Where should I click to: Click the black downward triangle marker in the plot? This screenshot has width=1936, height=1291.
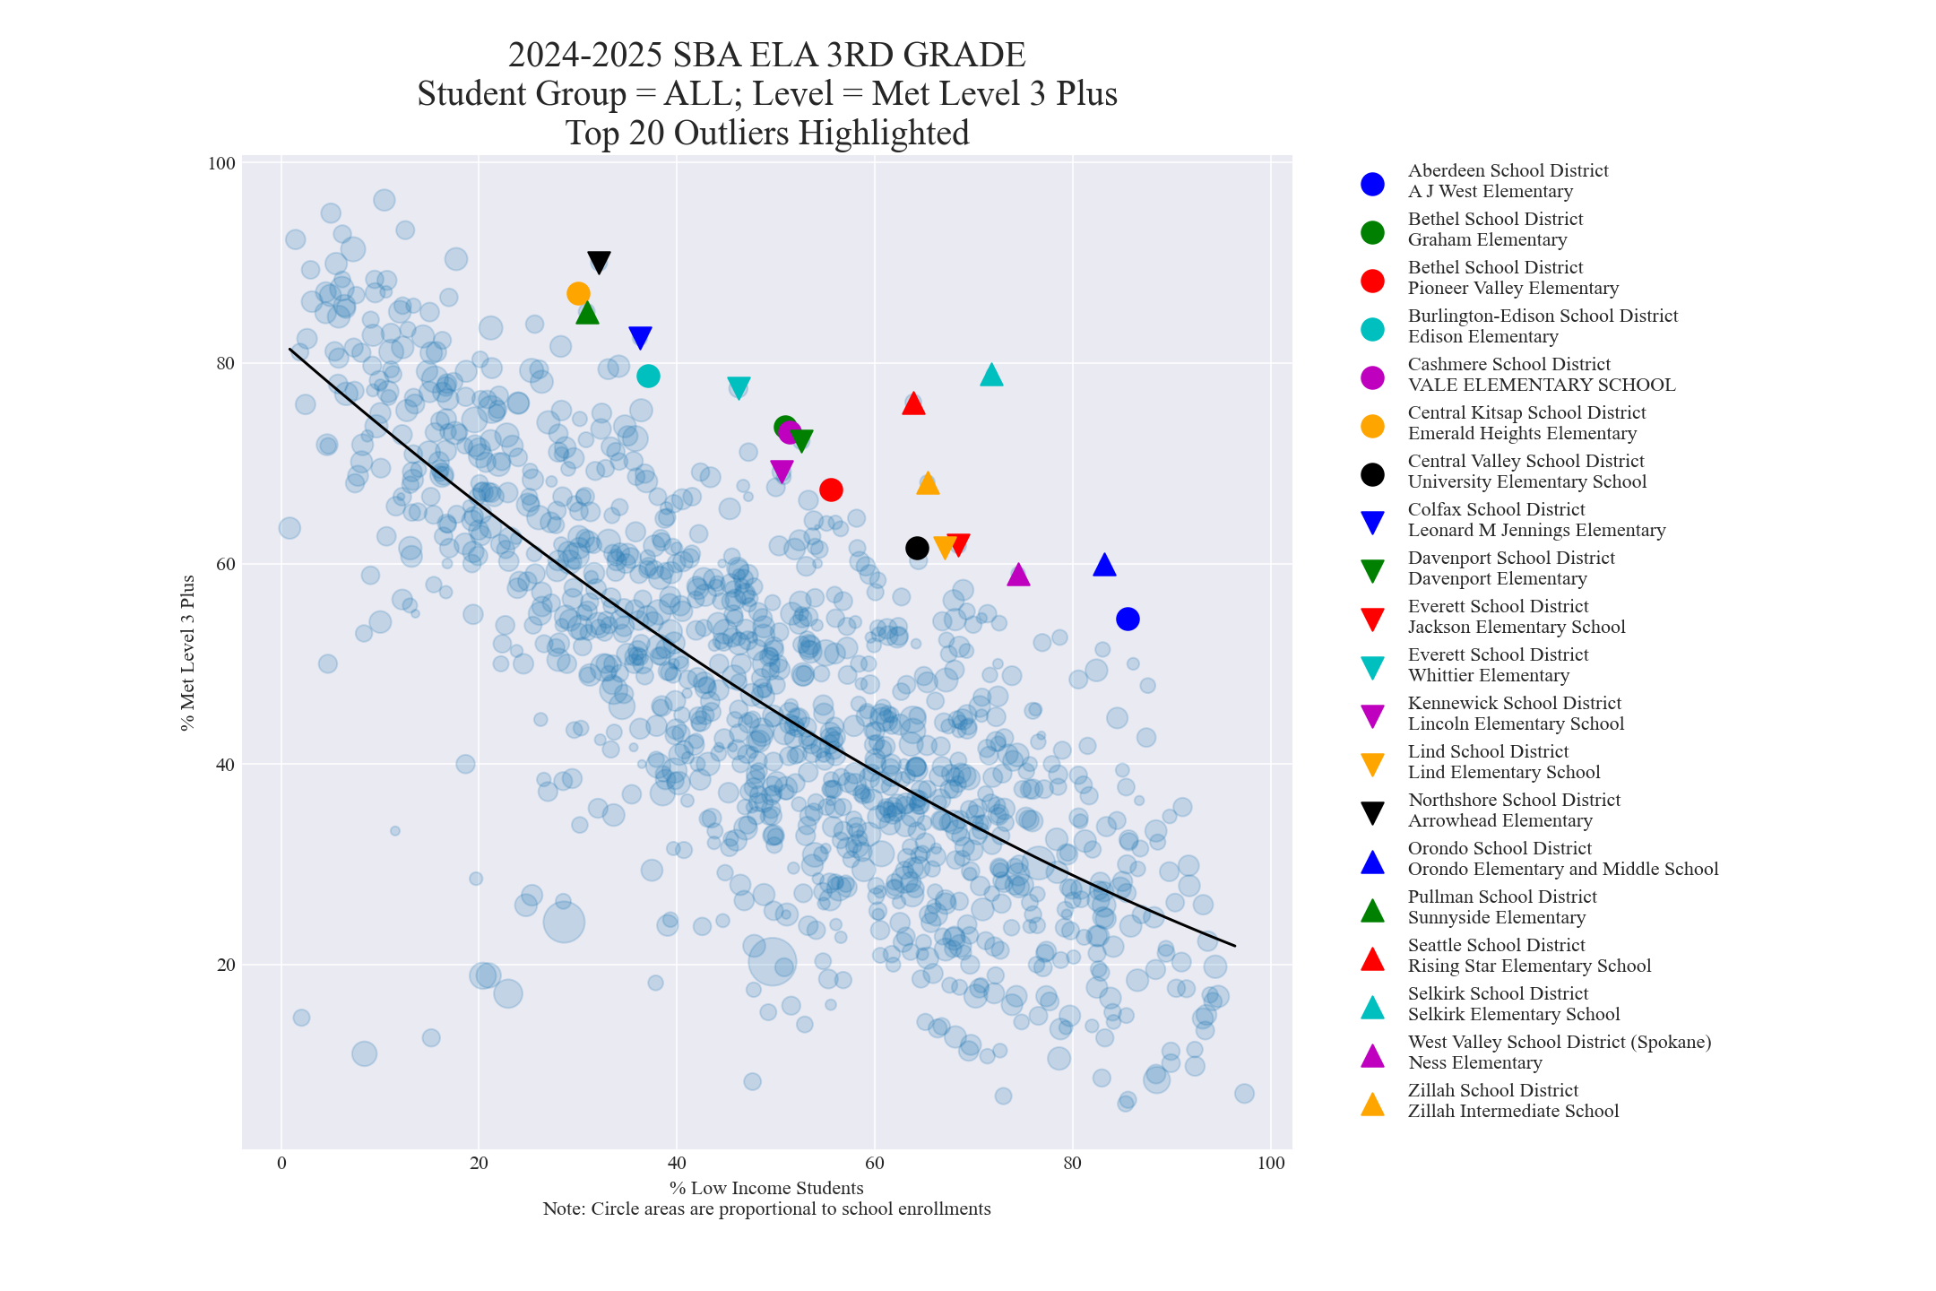[599, 262]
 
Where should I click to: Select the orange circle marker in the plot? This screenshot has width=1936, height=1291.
[578, 293]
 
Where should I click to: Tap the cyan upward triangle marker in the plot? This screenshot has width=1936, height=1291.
[991, 375]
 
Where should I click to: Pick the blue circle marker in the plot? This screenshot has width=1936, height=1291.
[1128, 619]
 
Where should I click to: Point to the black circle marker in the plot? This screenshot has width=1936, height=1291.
[917, 548]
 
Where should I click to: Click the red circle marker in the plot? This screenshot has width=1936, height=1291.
[831, 490]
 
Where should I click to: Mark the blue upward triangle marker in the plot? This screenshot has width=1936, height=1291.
[1104, 565]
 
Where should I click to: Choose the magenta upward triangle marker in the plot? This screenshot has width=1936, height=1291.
[1018, 575]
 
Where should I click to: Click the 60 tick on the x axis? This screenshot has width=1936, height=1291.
[874, 1164]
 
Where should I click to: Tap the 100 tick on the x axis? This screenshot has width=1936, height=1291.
[1271, 1164]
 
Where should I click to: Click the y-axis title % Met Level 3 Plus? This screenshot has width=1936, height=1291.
[187, 653]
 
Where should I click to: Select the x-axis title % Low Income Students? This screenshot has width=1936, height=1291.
[766, 1188]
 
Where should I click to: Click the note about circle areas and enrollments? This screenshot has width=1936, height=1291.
[766, 1209]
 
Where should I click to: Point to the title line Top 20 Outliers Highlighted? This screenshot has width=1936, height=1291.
[767, 133]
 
